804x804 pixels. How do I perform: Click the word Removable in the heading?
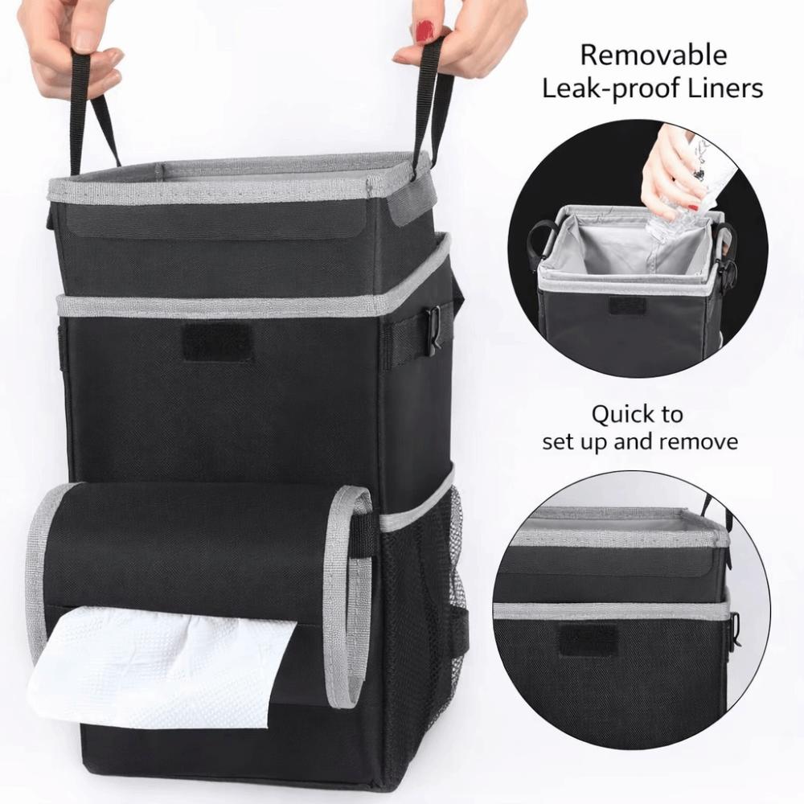click(x=653, y=55)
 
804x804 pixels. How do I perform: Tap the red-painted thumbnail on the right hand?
click(x=425, y=31)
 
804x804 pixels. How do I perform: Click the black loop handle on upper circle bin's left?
click(x=541, y=240)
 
